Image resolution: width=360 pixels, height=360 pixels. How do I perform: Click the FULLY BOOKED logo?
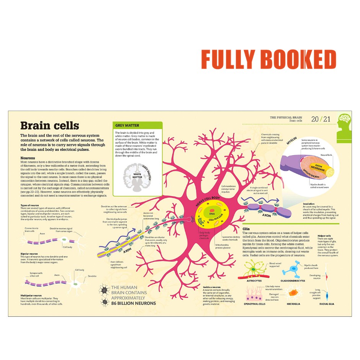(x=268, y=60)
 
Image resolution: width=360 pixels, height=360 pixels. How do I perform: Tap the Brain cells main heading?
(x=49, y=126)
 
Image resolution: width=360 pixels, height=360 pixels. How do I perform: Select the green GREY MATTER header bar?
(x=138, y=126)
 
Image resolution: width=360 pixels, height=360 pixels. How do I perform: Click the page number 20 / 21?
(x=320, y=119)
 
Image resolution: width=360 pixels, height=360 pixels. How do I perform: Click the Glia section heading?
(x=246, y=229)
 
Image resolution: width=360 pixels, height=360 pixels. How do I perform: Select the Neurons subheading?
(x=28, y=158)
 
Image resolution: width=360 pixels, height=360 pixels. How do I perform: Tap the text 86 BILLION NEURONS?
(x=134, y=303)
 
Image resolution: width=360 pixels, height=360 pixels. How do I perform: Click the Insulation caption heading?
(x=309, y=204)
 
